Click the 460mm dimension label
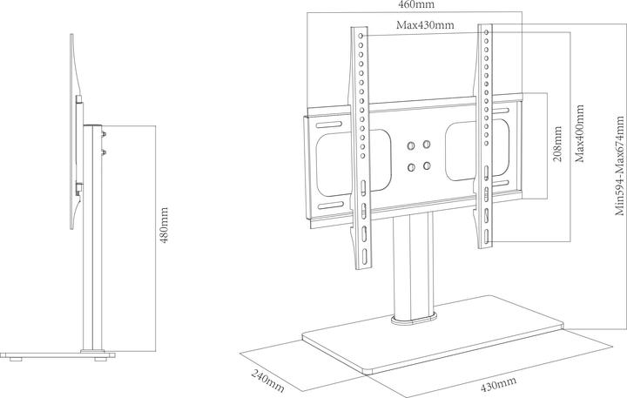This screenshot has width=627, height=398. [x=416, y=5]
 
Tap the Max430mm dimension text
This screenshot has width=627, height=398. [x=425, y=25]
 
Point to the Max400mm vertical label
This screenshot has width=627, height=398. [x=579, y=133]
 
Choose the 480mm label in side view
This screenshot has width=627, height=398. [x=164, y=225]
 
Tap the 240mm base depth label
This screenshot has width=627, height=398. [x=268, y=381]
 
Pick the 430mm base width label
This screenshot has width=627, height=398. [x=498, y=384]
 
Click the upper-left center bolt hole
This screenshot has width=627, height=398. [x=411, y=146]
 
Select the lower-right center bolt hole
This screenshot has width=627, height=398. [x=427, y=165]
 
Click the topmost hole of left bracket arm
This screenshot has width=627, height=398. [x=361, y=36]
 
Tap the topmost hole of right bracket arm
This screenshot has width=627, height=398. [x=486, y=32]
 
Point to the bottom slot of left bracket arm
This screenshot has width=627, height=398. [x=365, y=255]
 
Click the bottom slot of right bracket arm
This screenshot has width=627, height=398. [x=487, y=237]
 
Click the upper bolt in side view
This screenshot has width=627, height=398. [x=104, y=134]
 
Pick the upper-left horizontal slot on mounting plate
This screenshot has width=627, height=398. [x=331, y=125]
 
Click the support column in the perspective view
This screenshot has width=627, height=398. [x=413, y=264]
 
